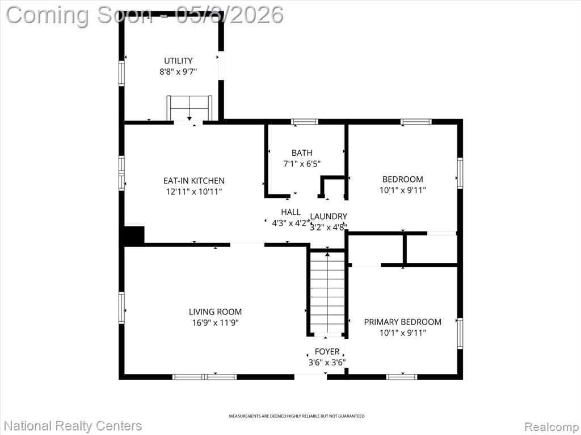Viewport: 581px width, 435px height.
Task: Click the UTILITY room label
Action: pos(178,61)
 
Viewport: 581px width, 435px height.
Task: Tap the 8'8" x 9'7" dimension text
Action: pos(178,71)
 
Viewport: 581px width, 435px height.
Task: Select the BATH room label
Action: pos(302,153)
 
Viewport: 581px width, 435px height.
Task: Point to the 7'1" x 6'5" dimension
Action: pos(302,164)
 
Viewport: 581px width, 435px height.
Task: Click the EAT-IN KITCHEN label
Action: pos(194,181)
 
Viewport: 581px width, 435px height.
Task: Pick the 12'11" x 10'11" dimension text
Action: pos(194,191)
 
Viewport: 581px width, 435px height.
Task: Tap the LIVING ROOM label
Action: pos(215,312)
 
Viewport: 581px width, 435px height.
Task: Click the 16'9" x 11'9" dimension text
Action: pos(215,322)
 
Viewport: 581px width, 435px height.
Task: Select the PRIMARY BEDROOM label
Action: pos(403,322)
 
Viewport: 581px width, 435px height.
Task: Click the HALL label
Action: pos(291,212)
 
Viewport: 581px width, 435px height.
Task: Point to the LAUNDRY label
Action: pos(329,216)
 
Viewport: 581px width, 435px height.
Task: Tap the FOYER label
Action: pos(327,351)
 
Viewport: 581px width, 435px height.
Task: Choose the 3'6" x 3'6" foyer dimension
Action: pos(327,362)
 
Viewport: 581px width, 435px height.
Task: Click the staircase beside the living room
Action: pos(327,292)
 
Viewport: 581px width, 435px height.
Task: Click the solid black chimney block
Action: pos(134,235)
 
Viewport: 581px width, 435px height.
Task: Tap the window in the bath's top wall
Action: pos(304,122)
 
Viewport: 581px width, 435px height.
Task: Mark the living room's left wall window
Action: pos(121,308)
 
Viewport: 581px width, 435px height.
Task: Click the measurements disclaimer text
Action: pos(296,416)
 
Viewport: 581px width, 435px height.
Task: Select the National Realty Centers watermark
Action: pos(73,426)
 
